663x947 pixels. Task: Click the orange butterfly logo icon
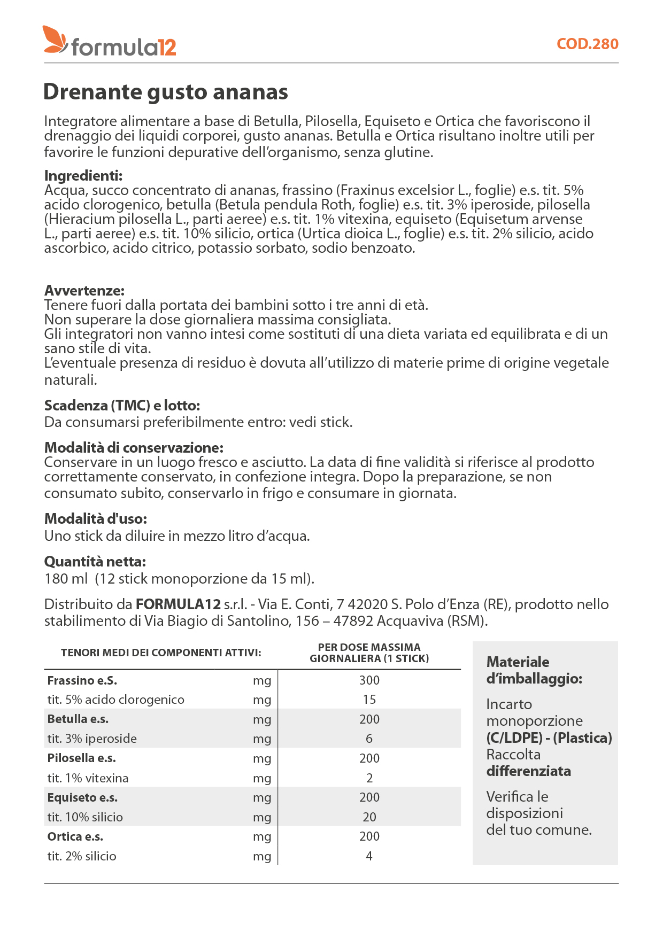click(55, 40)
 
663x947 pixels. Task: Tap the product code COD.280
click(587, 44)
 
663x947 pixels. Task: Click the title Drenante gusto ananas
click(165, 92)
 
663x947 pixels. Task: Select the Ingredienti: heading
click(83, 176)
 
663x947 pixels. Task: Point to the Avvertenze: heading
click(84, 291)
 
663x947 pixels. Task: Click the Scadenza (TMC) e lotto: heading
click(122, 406)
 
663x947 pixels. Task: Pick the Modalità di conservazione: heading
click(134, 448)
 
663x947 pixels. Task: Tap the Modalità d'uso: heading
click(95, 519)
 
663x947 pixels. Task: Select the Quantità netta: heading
click(95, 562)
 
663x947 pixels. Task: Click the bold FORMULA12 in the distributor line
click(178, 604)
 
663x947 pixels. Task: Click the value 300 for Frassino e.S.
click(369, 680)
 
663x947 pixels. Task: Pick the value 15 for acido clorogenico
click(369, 700)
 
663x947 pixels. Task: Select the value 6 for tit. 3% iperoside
click(369, 739)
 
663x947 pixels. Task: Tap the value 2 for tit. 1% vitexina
click(369, 778)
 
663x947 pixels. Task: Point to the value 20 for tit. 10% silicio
click(369, 817)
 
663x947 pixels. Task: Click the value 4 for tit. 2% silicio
click(369, 856)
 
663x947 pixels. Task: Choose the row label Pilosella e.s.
click(81, 758)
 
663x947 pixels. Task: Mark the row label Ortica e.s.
click(75, 836)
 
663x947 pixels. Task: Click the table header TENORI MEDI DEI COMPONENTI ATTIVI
click(161, 653)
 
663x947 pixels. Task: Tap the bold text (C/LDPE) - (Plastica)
click(549, 738)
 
